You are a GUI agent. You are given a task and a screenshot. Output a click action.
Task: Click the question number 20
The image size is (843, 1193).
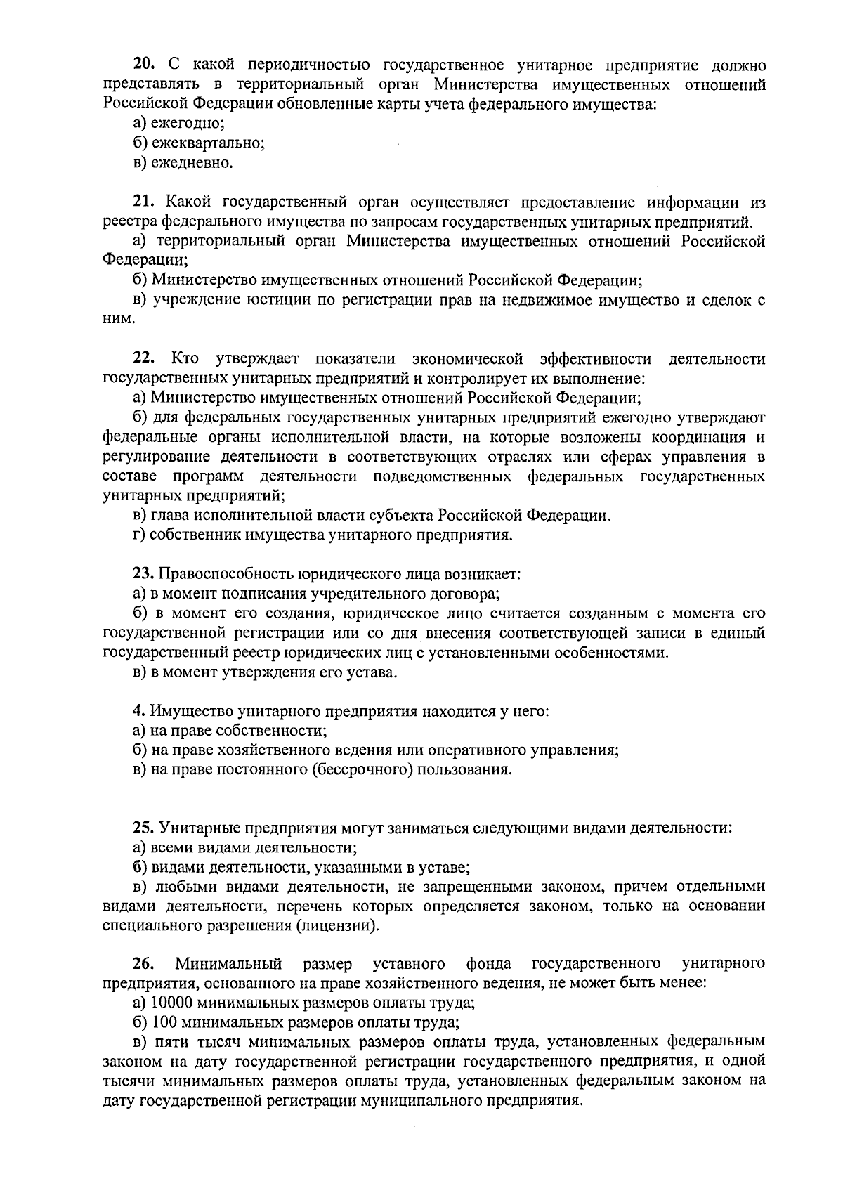(144, 65)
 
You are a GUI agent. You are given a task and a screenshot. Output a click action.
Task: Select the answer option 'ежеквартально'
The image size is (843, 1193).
(199, 143)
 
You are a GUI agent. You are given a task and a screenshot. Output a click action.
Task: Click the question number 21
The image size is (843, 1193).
(144, 203)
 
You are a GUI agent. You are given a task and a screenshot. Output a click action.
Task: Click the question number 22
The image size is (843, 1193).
(144, 359)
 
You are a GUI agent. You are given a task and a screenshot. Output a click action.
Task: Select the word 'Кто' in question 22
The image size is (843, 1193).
(185, 359)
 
